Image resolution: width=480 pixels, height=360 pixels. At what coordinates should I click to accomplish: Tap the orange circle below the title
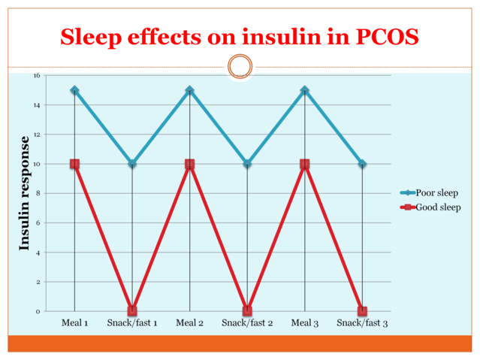point(240,66)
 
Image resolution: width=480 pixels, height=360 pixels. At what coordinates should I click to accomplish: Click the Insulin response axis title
point(25,193)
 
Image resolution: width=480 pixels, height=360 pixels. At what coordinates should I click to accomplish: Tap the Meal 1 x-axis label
point(74,323)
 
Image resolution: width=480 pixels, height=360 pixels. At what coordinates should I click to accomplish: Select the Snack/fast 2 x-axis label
point(247,323)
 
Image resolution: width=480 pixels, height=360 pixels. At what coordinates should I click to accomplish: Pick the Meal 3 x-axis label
point(304,323)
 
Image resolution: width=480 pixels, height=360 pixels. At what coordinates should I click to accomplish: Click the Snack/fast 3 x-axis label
point(362,323)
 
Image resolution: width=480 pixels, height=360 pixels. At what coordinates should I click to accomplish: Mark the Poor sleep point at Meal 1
point(74,90)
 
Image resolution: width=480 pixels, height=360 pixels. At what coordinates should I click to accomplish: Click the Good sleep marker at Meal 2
point(189,164)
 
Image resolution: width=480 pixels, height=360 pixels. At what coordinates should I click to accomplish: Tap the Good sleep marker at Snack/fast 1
point(132,310)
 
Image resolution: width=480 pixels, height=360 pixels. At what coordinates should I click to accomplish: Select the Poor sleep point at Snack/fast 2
point(247,164)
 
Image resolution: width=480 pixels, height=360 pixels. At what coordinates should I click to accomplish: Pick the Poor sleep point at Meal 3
point(304,90)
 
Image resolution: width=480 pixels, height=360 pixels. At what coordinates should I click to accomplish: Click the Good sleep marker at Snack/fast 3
point(362,310)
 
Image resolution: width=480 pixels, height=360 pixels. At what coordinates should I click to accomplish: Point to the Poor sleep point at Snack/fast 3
point(362,164)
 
